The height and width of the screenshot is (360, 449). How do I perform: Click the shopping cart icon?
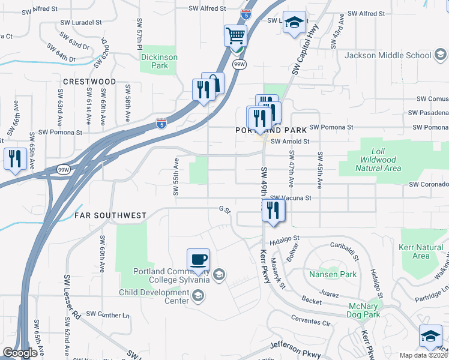pyautogui.click(x=235, y=35)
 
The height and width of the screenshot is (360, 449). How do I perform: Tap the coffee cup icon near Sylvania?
pyautogui.click(x=198, y=259)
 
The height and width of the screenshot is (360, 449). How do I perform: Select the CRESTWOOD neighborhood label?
pyautogui.click(x=90, y=81)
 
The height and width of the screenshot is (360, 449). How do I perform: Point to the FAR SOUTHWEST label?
pyautogui.click(x=110, y=215)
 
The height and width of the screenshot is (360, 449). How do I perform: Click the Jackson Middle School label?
pyautogui.click(x=388, y=56)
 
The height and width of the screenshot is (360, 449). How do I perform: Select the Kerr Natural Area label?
pyautogui.click(x=421, y=251)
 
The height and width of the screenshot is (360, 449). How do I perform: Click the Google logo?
pyautogui.click(x=20, y=353)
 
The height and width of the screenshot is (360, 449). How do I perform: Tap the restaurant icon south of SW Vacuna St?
pyautogui.click(x=273, y=210)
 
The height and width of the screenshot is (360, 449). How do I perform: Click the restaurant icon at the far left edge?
pyautogui.click(x=14, y=158)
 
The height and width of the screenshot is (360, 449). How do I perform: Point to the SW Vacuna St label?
pyautogui.click(x=291, y=197)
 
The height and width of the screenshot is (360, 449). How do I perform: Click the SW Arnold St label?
pyautogui.click(x=289, y=142)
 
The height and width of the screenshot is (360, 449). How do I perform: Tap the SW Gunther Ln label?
pyautogui.click(x=107, y=314)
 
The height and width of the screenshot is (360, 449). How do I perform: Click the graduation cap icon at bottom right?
pyautogui.click(x=430, y=336)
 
